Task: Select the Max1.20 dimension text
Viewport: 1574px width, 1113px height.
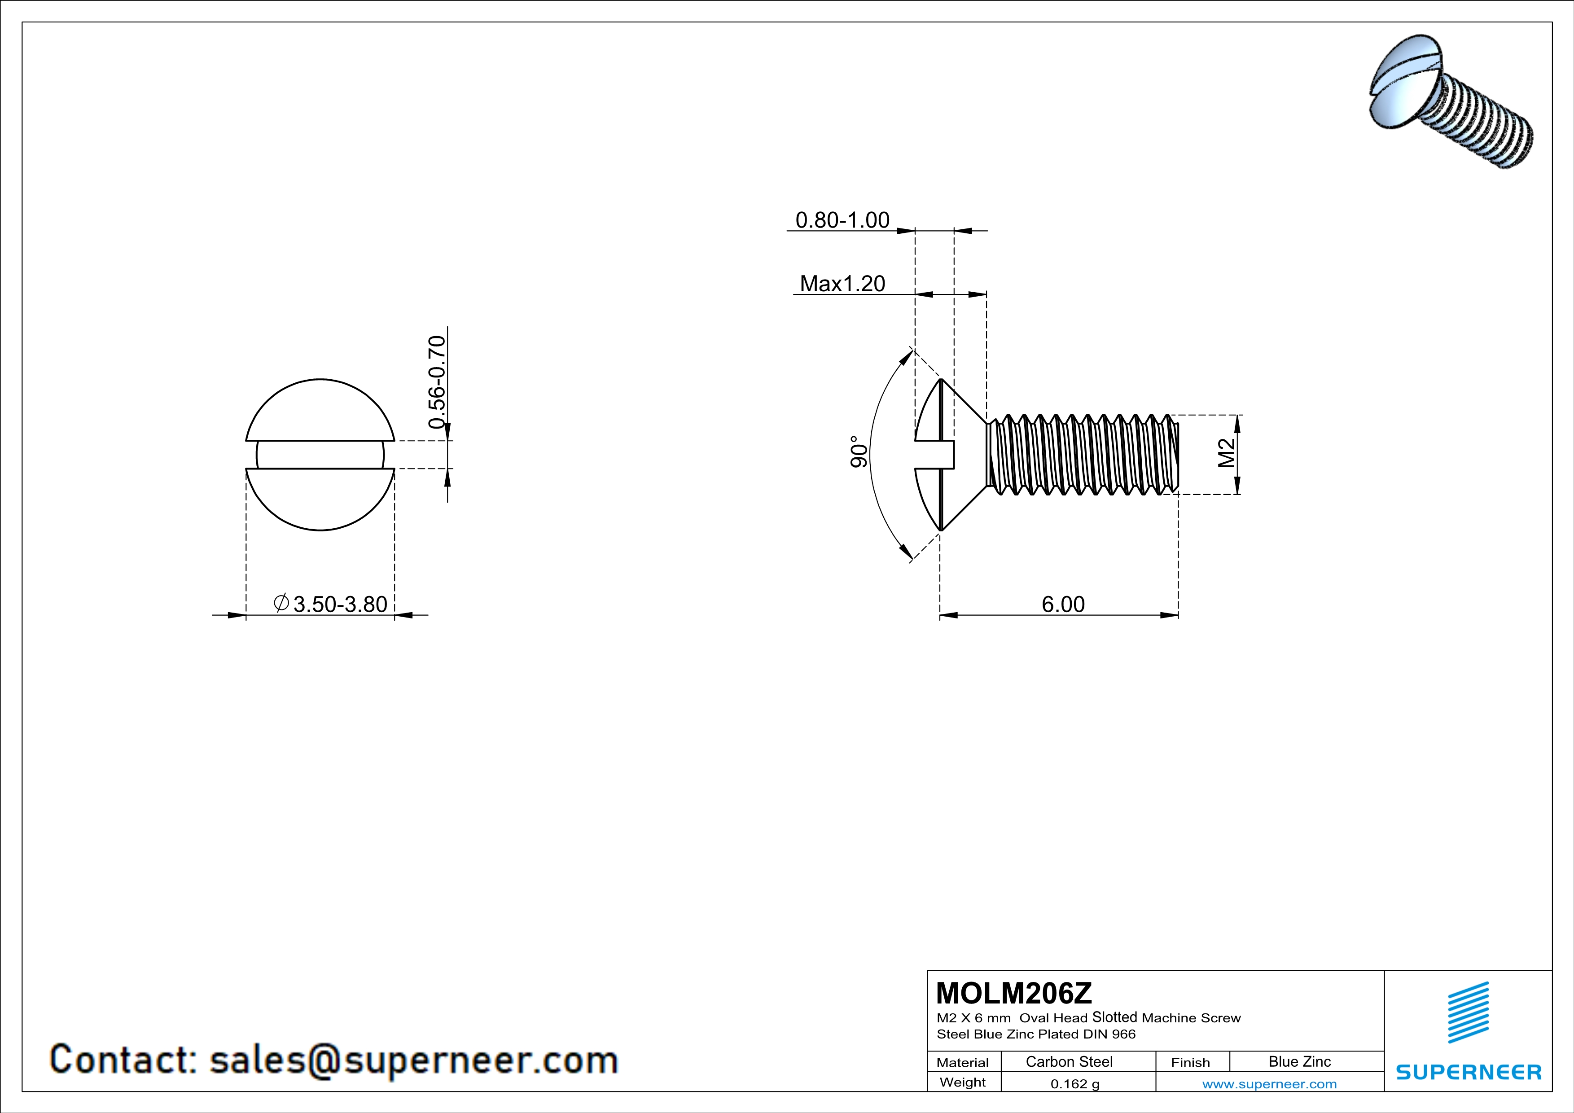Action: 842,284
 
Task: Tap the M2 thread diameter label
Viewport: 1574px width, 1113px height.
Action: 1227,453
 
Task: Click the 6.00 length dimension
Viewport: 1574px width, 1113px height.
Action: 1063,605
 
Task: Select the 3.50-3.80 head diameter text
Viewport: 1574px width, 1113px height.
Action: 340,605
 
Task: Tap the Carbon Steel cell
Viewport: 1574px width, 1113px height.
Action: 1069,1061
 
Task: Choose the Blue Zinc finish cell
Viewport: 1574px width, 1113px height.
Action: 1299,1061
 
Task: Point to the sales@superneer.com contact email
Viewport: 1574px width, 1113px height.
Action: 413,1060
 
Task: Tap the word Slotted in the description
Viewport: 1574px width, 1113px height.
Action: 1115,1018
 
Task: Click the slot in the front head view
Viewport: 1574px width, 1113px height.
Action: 320,454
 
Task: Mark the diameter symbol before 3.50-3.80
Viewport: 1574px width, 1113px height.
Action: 281,603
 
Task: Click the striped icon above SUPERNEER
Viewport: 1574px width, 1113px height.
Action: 1468,1012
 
